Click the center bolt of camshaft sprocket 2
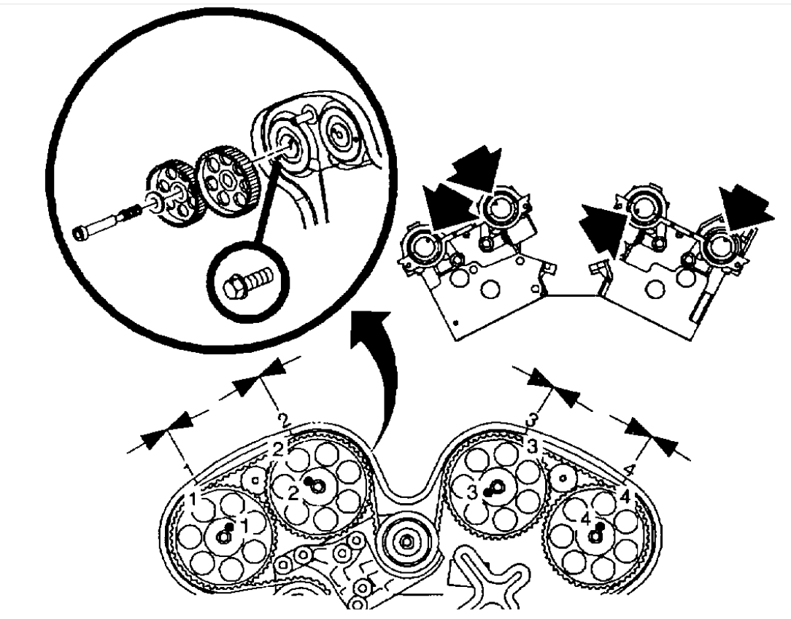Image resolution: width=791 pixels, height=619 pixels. (315, 487)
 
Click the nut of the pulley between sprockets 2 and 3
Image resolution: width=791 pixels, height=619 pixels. (406, 541)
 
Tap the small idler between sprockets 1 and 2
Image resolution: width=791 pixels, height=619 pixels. (255, 479)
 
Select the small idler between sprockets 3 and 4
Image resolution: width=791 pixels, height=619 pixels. (563, 479)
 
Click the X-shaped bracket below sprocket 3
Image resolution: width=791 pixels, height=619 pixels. (485, 576)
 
